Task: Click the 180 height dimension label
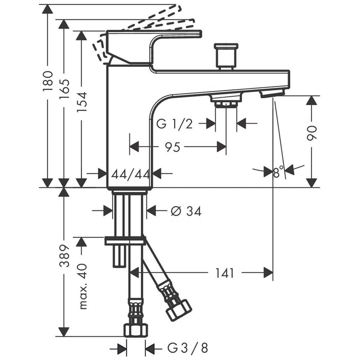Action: (48, 81)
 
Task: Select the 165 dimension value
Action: (64, 89)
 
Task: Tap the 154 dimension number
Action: (82, 102)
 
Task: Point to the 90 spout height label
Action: (311, 133)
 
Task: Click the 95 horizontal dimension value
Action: (173, 147)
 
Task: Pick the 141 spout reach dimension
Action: (224, 273)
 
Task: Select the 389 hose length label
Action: (64, 256)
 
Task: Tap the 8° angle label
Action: (278, 172)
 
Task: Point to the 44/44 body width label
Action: (130, 175)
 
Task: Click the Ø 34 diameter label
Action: (186, 211)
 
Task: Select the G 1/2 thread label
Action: (174, 124)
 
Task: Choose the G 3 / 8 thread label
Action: (188, 348)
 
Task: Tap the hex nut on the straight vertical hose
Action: (136, 330)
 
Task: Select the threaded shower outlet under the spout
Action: (226, 101)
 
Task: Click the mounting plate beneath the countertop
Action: (125, 240)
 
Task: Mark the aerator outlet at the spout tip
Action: (272, 94)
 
